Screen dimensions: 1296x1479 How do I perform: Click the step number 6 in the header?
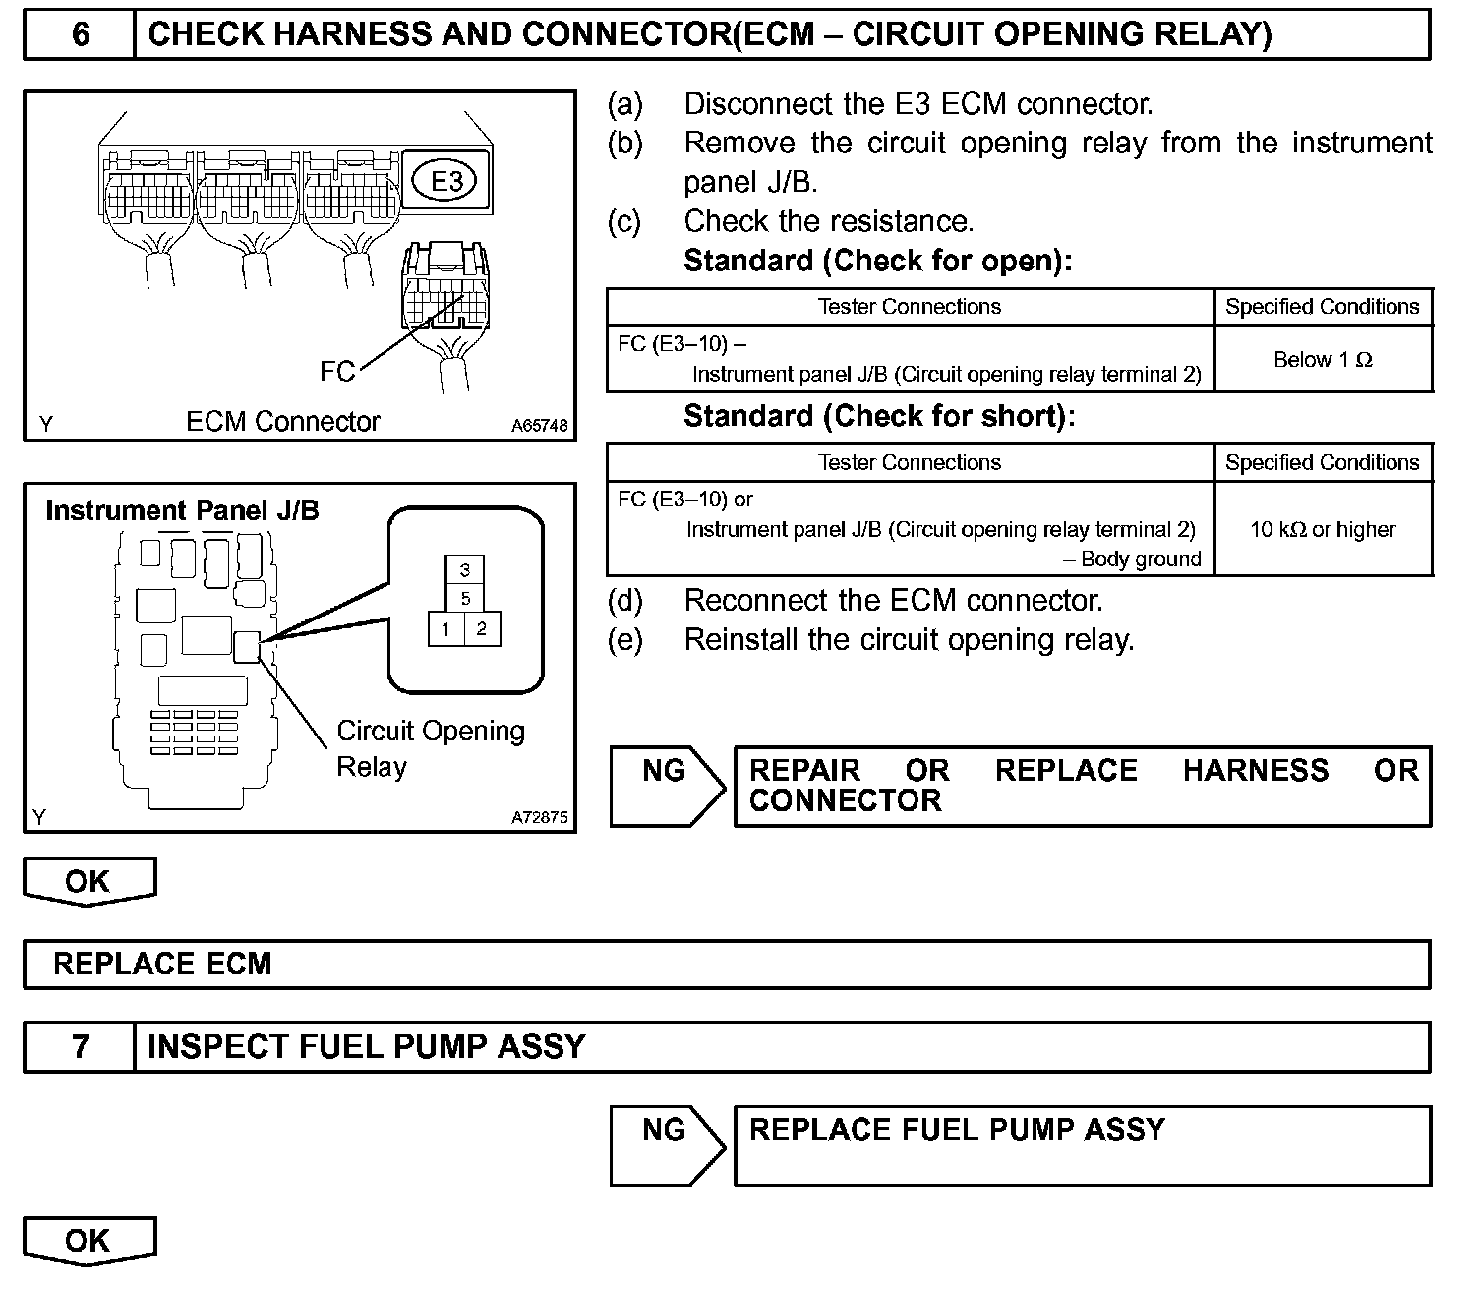[81, 35]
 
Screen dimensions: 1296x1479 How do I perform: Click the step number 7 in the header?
[81, 1046]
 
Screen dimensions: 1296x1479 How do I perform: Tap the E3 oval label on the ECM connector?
[447, 181]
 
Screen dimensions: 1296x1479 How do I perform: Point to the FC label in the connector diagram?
[337, 371]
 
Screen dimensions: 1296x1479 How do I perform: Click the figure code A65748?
[539, 426]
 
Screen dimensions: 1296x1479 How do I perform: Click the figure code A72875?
[539, 817]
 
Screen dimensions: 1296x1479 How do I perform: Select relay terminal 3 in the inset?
[465, 569]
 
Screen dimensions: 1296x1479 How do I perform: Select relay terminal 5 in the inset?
[465, 598]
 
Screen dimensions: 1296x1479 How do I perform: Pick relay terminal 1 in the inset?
[446, 629]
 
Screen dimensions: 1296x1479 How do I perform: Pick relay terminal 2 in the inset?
[482, 629]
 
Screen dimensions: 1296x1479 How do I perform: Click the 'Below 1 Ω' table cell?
[1323, 360]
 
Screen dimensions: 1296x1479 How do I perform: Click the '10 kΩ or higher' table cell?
[1323, 530]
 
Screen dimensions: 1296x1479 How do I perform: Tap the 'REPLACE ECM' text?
[162, 964]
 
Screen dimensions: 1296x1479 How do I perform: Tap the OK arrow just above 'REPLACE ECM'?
[89, 881]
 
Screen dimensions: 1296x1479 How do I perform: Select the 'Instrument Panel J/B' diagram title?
[182, 511]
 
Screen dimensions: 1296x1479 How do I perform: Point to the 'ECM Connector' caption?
[283, 422]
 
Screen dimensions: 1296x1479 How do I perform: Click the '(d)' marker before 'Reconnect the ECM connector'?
[625, 601]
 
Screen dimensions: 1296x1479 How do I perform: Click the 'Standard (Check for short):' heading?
[879, 417]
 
